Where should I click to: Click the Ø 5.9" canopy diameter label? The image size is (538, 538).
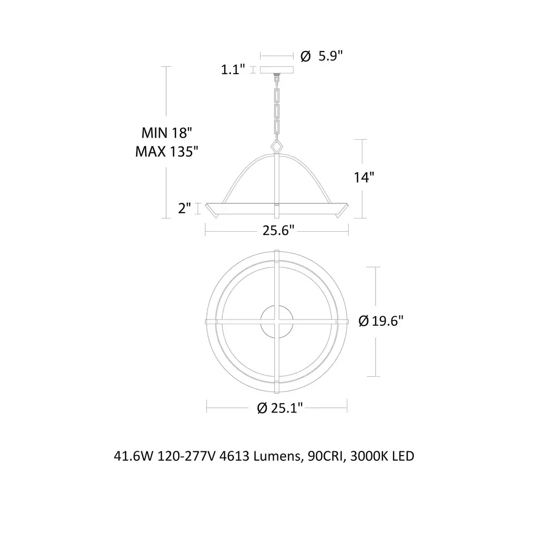[322, 56]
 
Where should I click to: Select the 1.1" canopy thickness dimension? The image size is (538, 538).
[233, 70]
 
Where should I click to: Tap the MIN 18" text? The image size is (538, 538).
[167, 133]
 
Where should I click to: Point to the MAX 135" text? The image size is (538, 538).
[167, 152]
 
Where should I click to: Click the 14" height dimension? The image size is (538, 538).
[364, 178]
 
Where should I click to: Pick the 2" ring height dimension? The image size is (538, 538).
[184, 208]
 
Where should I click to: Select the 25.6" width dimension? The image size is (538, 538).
[278, 230]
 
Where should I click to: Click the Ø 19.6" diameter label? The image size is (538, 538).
[381, 321]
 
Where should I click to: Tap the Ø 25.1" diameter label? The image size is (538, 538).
[280, 408]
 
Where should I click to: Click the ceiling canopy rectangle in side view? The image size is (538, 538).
[277, 70]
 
